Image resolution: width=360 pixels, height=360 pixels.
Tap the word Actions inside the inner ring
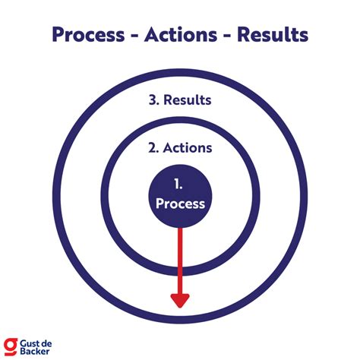tap(187, 148)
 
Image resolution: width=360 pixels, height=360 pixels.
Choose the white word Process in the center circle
tap(180, 204)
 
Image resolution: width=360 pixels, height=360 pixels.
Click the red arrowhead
tap(180, 298)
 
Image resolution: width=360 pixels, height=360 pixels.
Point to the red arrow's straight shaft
tap(180, 258)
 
